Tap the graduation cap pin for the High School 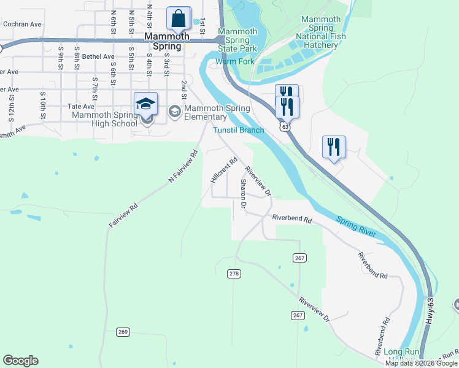pos(145,105)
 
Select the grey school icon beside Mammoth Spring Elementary pos(174,111)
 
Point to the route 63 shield pos(283,126)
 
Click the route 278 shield pos(233,273)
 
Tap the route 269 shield pos(123,332)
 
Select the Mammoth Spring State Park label pos(237,39)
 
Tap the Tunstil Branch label pos(239,130)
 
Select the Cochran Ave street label pos(22,25)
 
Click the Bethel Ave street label pos(98,56)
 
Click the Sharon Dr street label pos(243,194)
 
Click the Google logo pos(20,361)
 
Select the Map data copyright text pos(420,363)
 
